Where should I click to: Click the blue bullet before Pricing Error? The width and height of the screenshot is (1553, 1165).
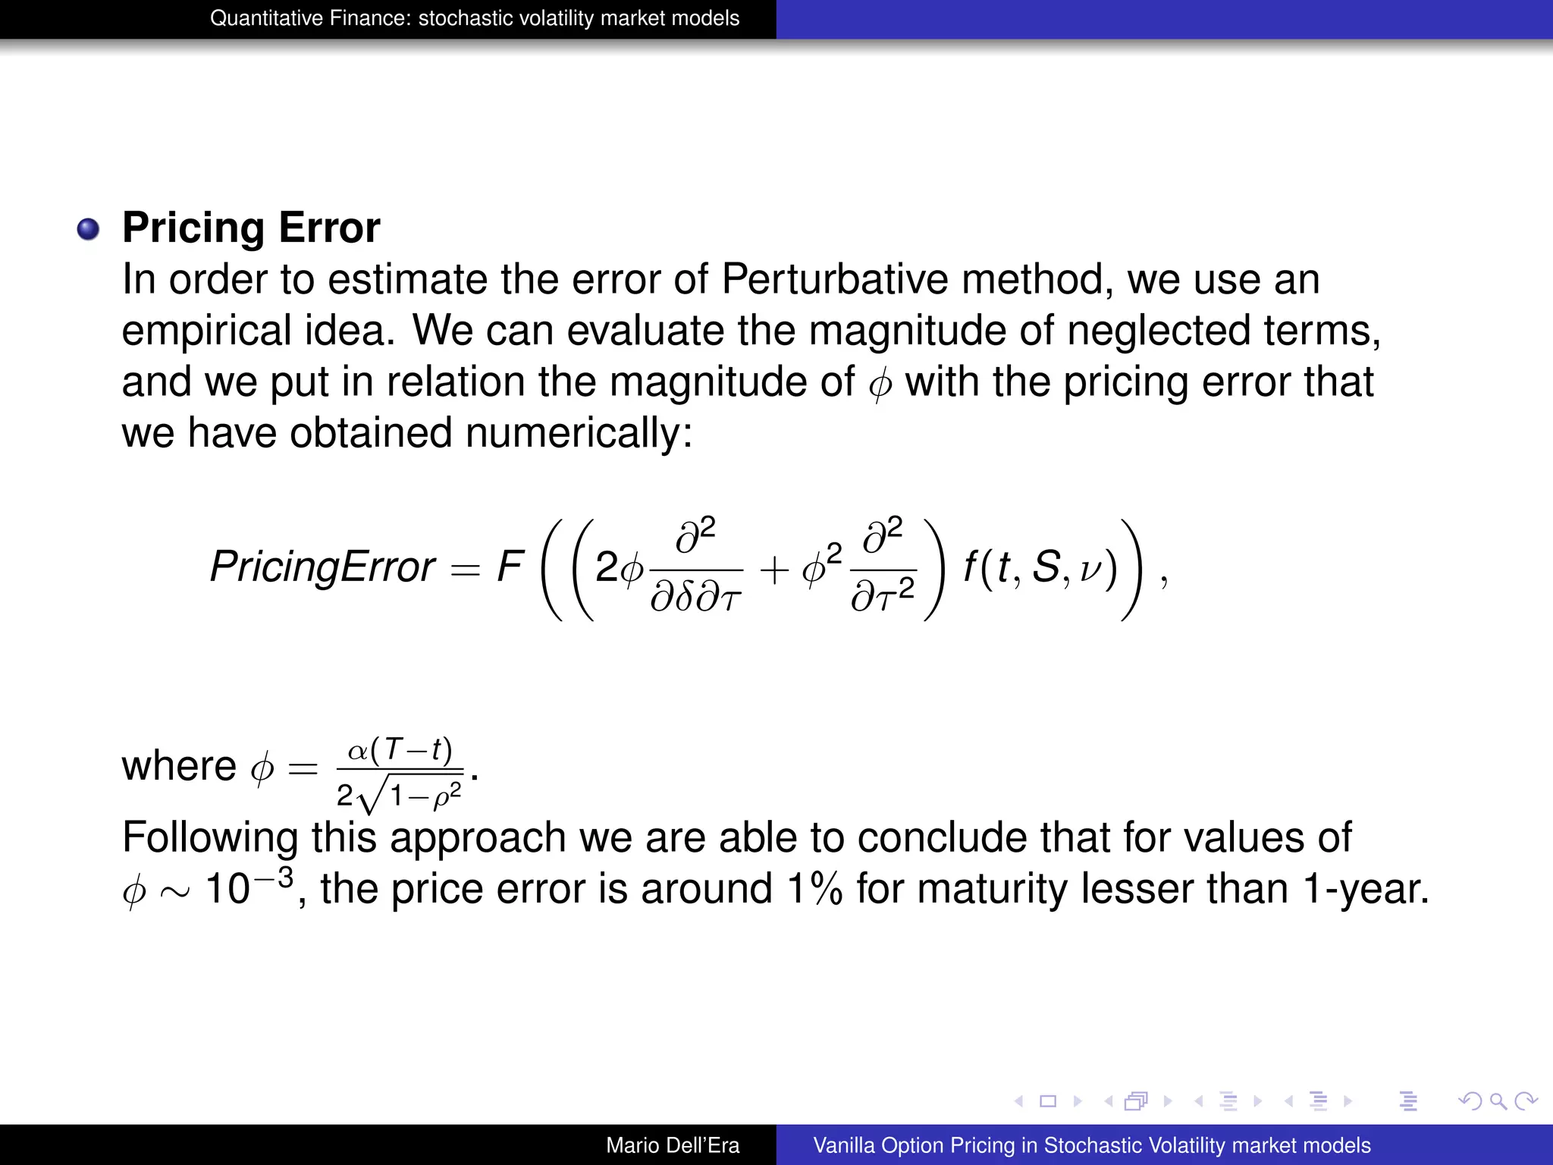tap(89, 229)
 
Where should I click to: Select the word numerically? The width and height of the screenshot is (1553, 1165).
tap(579, 433)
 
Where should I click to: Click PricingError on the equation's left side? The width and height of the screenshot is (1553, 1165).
tap(322, 567)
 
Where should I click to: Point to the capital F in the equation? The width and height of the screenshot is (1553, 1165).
tap(510, 567)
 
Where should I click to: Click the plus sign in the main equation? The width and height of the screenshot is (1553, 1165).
tap(774, 570)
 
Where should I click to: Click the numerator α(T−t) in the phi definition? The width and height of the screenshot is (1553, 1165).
tap(400, 751)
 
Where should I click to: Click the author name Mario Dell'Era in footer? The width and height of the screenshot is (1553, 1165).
tap(673, 1145)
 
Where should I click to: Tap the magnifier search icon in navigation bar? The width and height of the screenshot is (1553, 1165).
tap(1498, 1101)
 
